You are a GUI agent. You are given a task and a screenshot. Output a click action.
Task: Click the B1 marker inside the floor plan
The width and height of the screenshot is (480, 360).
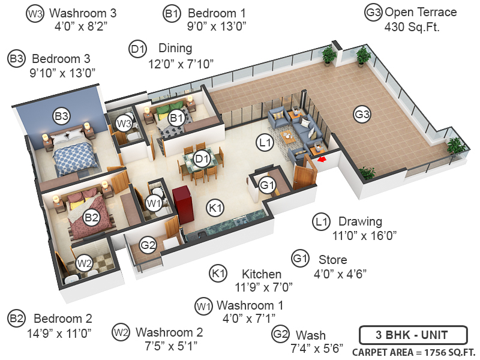[176, 118]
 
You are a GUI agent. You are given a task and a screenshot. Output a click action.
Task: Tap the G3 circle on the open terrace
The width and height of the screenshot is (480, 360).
[362, 114]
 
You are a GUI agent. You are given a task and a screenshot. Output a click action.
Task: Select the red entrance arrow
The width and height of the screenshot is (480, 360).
[322, 160]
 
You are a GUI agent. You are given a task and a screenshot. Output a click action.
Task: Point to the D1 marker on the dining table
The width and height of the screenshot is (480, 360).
[202, 159]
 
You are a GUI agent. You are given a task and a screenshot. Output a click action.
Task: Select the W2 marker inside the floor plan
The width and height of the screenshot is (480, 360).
[84, 263]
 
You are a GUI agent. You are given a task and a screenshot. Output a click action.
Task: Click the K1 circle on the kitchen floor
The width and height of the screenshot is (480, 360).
[215, 208]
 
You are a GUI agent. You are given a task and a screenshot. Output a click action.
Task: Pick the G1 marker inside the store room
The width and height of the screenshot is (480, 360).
[268, 185]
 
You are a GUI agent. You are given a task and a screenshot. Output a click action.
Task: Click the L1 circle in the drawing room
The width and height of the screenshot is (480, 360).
[265, 143]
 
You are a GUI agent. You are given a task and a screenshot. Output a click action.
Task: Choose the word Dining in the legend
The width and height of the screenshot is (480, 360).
[175, 48]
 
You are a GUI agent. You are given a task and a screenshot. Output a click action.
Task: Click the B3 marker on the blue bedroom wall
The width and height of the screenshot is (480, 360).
[61, 115]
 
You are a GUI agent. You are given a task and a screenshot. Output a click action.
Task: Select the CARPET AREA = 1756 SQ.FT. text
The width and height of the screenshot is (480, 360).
[413, 352]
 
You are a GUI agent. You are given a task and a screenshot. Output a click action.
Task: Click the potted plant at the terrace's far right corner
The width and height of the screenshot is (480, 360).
[455, 146]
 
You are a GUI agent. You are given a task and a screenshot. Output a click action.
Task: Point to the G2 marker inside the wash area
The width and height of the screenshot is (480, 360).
[148, 244]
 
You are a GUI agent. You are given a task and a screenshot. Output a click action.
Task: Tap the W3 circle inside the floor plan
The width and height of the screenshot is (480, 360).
[124, 124]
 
